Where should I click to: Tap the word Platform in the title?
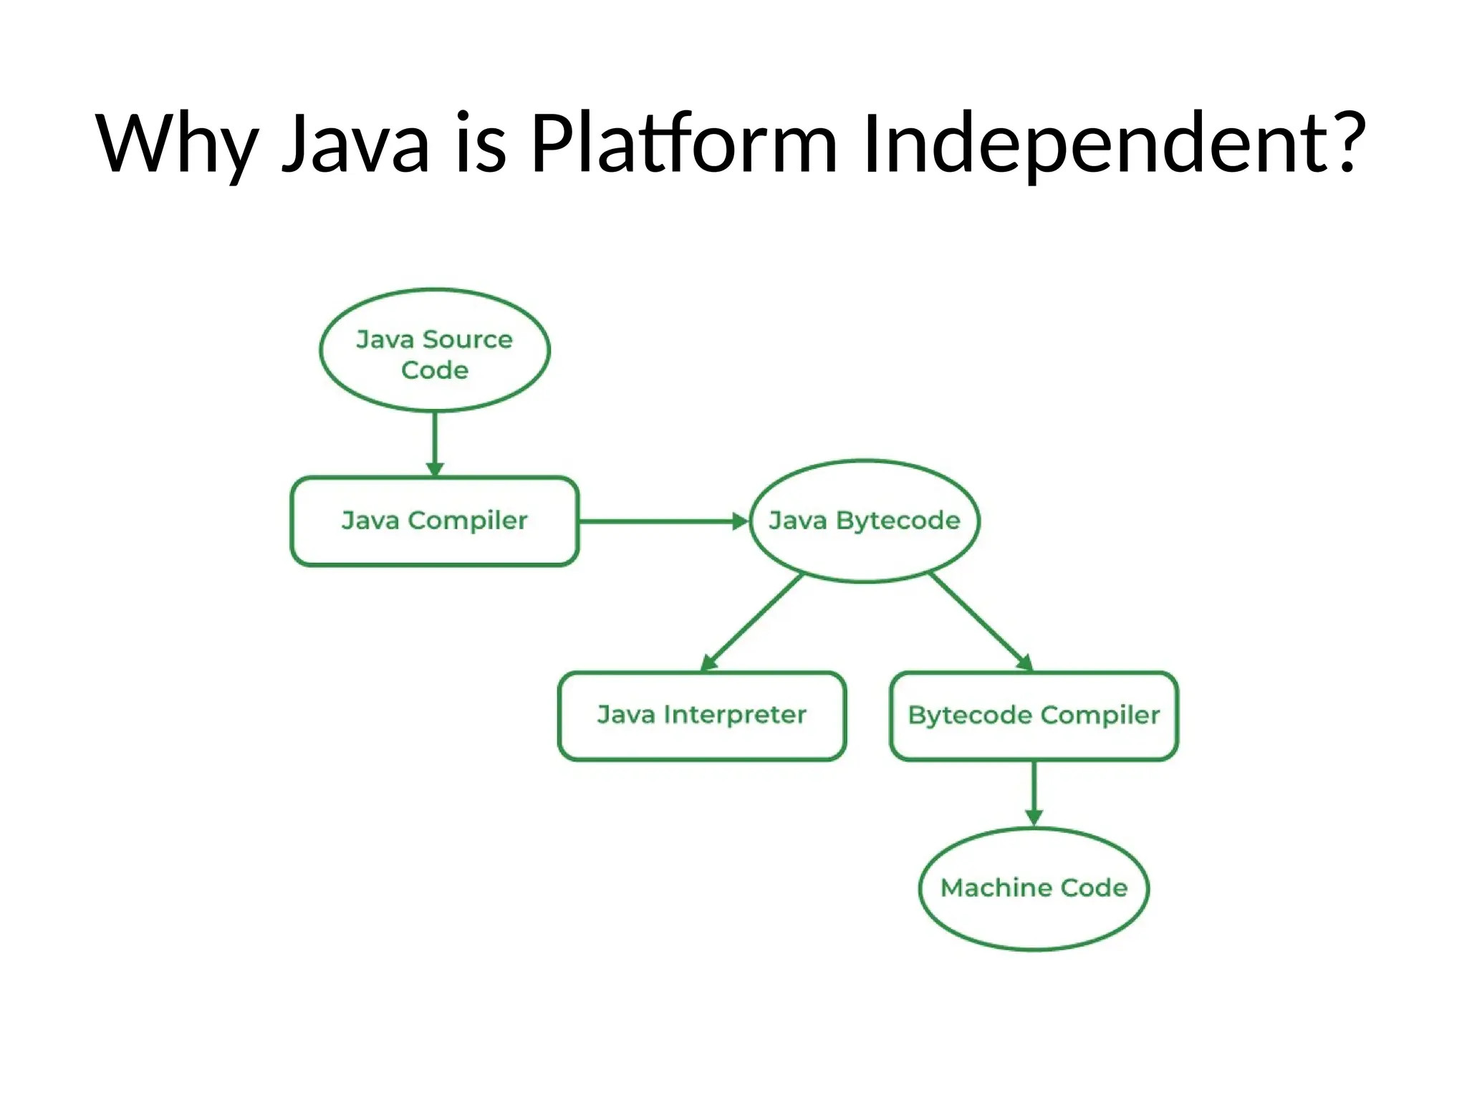point(683,143)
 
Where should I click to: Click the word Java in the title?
point(355,143)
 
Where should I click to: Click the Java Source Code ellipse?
point(434,351)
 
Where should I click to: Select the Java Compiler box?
point(434,521)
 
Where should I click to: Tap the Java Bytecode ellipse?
point(864,521)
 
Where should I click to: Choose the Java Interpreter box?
point(701,715)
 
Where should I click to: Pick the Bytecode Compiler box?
point(1034,715)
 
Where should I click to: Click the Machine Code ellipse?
point(1034,889)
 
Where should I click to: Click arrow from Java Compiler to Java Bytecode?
point(663,521)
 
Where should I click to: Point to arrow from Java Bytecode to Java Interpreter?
point(752,622)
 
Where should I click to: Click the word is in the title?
point(481,143)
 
